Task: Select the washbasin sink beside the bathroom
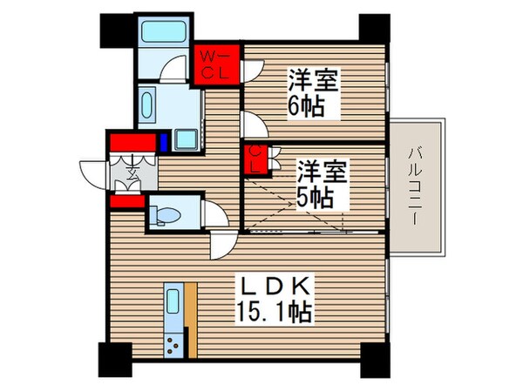[146, 109]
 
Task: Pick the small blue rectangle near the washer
[164, 141]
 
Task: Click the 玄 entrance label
[130, 169]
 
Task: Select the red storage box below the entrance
[126, 202]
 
